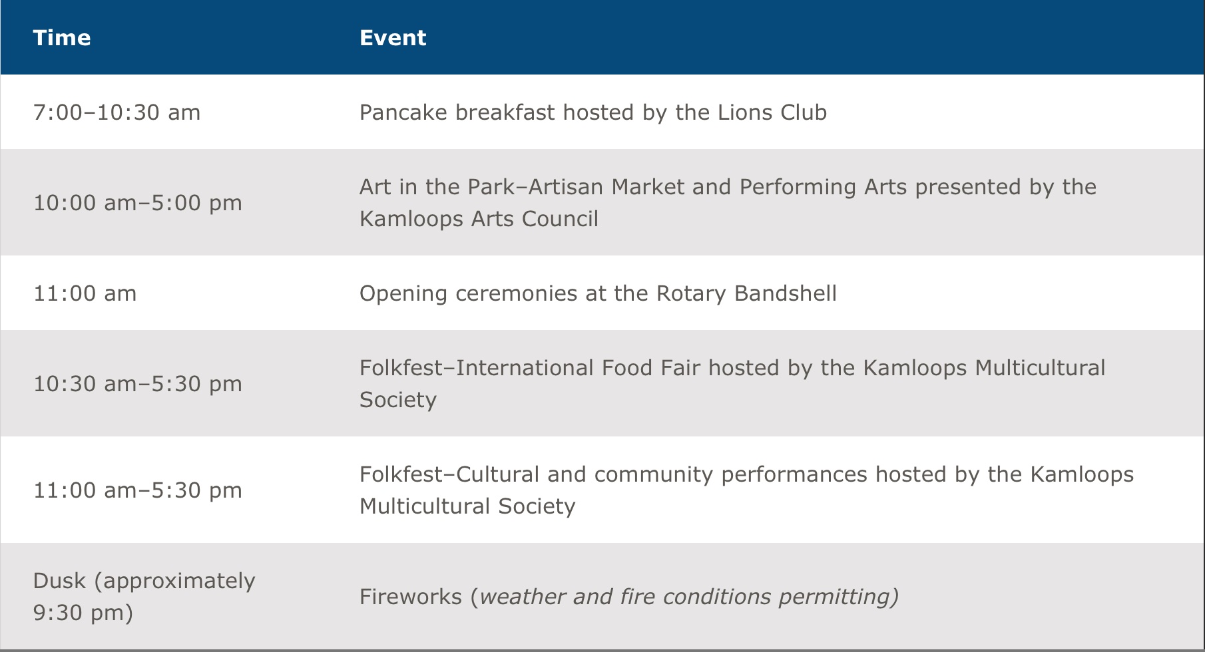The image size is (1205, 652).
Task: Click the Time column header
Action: (x=62, y=38)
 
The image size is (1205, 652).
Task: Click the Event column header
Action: (x=393, y=38)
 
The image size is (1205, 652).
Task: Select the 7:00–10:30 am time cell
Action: (x=117, y=112)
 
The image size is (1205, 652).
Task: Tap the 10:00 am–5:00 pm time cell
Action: (x=138, y=203)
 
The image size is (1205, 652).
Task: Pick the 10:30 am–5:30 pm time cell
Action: (x=138, y=384)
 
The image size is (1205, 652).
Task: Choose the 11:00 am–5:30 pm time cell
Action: (x=138, y=490)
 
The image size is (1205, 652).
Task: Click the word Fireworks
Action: (x=411, y=597)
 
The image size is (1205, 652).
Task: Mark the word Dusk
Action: (x=59, y=581)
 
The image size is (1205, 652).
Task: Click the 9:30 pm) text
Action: (x=83, y=613)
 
